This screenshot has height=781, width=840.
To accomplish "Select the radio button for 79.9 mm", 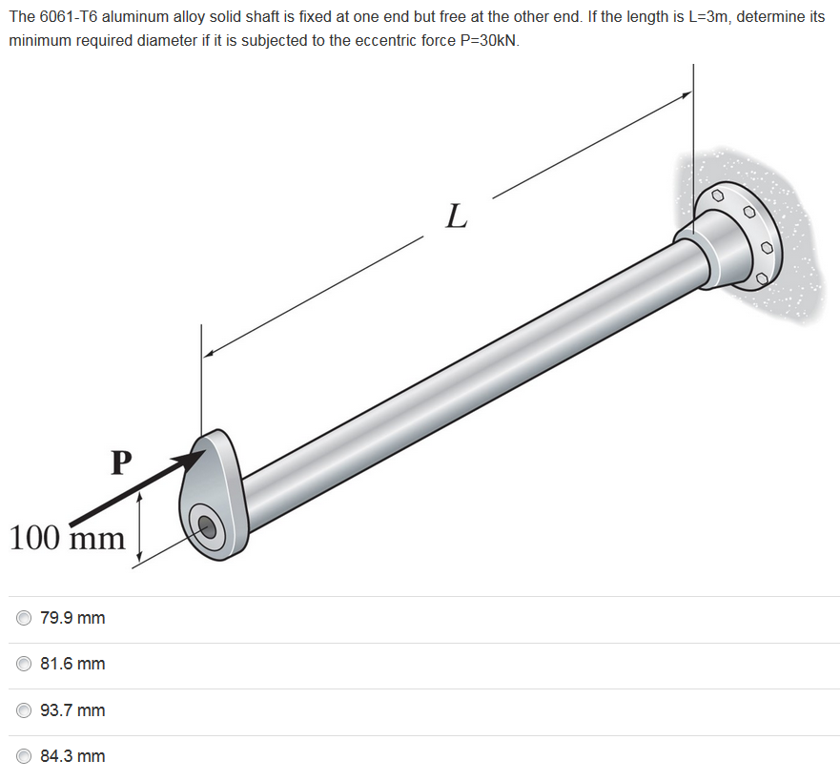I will click(x=24, y=618).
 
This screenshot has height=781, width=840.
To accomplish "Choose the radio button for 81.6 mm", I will click(x=24, y=664).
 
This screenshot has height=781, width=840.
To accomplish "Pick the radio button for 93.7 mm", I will click(x=24, y=710).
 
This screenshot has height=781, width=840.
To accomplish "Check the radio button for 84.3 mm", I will click(x=24, y=756).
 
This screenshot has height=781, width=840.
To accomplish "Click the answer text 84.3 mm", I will click(x=72, y=756).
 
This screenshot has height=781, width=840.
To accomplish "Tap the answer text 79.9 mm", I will click(x=72, y=618).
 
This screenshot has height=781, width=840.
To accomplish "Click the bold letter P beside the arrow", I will click(x=119, y=462).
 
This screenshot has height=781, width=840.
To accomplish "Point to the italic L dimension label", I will click(x=457, y=216).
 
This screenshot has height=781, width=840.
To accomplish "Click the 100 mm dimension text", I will click(x=67, y=538).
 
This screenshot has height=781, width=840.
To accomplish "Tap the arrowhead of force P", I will click(x=195, y=457).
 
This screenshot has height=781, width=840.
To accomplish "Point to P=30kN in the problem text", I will click(x=486, y=42).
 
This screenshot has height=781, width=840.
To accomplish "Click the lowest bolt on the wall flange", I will click(x=761, y=278).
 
